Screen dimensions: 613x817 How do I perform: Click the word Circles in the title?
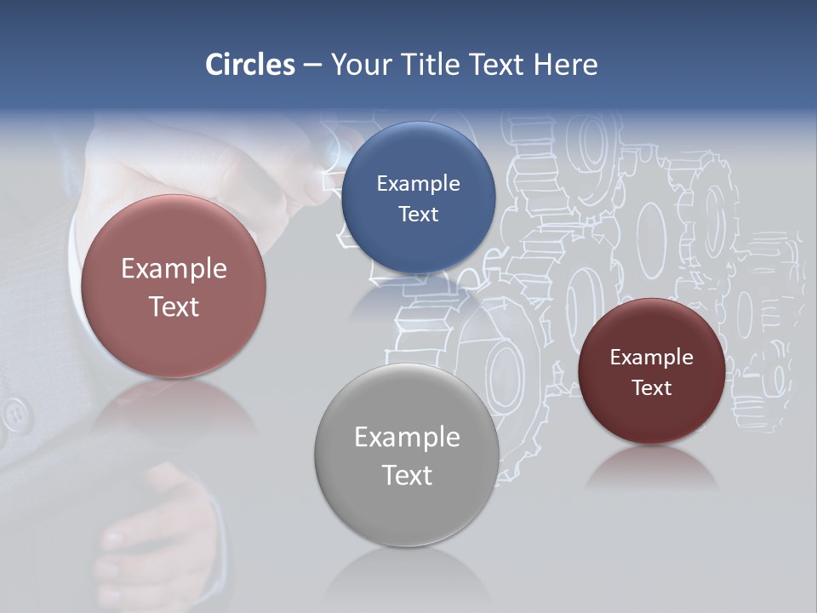click(x=250, y=65)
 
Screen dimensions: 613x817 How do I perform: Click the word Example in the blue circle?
click(x=419, y=184)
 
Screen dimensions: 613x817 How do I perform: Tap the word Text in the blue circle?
click(x=419, y=215)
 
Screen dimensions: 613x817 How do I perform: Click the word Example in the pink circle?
click(x=174, y=269)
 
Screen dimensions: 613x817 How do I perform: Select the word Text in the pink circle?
click(x=174, y=306)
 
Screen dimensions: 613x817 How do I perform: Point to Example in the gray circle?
click(x=407, y=438)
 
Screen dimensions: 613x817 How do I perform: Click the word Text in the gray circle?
click(x=407, y=475)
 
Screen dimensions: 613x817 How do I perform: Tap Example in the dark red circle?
click(x=652, y=358)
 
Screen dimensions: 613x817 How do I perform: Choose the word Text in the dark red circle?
click(x=652, y=388)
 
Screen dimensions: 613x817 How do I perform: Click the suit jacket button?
click(x=14, y=416)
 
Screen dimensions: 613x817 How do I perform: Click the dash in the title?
click(x=312, y=65)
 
